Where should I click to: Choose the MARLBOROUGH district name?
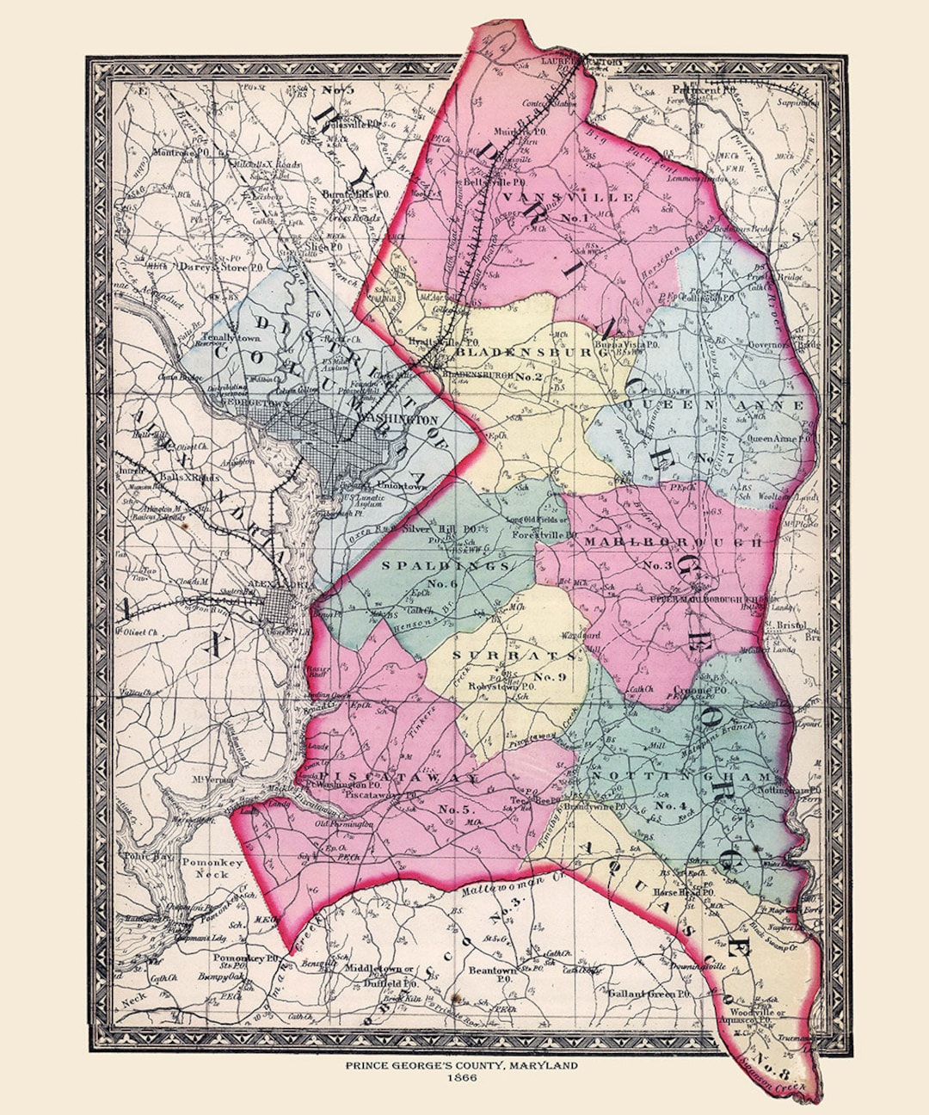pos(673,542)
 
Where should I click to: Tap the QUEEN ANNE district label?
pos(713,404)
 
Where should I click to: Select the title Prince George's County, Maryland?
pos(462,1066)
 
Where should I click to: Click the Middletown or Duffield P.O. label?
pos(379,974)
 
